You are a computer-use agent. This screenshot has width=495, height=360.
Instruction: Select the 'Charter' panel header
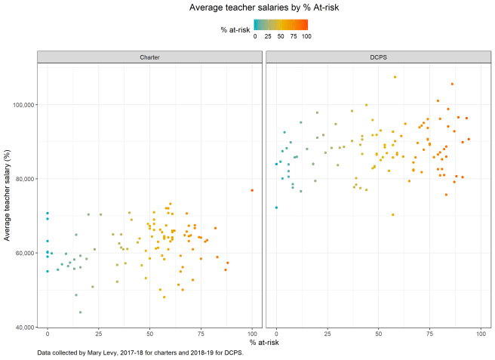click(x=149, y=58)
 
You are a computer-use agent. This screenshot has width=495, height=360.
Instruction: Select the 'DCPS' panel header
click(x=378, y=58)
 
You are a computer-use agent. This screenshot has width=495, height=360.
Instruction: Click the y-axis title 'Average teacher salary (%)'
click(x=8, y=193)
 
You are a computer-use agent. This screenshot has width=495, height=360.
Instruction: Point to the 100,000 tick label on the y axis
click(x=20, y=105)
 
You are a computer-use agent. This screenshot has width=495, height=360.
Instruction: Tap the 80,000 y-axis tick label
click(x=22, y=179)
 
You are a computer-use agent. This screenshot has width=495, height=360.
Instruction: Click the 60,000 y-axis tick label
click(x=22, y=253)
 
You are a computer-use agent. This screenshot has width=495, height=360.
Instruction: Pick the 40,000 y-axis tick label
click(x=22, y=327)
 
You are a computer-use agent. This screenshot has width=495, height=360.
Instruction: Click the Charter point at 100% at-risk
click(x=252, y=190)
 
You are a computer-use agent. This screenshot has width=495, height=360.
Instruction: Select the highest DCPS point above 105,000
click(x=395, y=77)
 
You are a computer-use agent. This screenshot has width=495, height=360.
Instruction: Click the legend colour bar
click(x=281, y=25)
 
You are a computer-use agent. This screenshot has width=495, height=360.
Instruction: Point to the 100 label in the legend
click(x=306, y=36)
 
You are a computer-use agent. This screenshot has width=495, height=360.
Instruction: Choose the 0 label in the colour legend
click(x=255, y=36)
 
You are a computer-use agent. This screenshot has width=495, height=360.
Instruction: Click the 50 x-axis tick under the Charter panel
click(x=149, y=334)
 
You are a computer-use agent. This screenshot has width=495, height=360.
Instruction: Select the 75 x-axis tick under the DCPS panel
click(x=429, y=334)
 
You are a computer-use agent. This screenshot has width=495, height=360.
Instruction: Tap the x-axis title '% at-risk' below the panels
click(x=263, y=343)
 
